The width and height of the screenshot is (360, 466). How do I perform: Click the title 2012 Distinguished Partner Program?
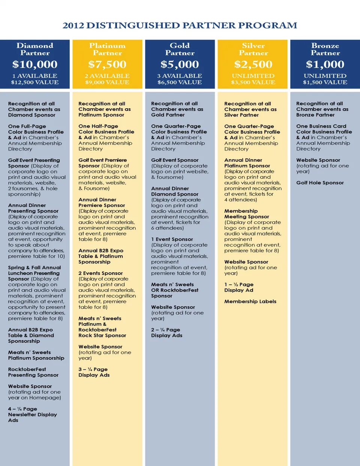(x=180, y=25)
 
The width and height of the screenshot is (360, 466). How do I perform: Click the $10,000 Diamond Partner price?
(x=35, y=64)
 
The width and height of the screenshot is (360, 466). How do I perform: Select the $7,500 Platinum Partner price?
(x=107, y=64)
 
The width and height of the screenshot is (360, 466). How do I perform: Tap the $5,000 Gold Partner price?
(x=180, y=64)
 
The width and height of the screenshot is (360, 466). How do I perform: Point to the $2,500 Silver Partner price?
(x=253, y=64)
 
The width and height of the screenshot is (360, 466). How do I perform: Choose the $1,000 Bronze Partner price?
(x=325, y=64)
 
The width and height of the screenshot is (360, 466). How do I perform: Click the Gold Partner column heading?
(x=180, y=49)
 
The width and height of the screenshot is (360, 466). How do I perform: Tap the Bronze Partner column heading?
(x=325, y=49)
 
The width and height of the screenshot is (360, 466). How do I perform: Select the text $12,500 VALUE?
(x=35, y=82)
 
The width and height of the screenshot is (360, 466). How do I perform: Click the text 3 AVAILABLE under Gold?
(x=180, y=76)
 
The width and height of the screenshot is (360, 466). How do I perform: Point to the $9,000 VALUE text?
(x=107, y=82)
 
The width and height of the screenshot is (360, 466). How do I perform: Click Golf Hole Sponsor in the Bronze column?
(x=320, y=183)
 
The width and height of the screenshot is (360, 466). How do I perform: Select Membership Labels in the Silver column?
(x=250, y=302)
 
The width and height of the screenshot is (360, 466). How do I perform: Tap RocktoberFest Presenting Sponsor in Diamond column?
(x=33, y=372)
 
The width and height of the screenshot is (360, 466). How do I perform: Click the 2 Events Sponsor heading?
(x=100, y=273)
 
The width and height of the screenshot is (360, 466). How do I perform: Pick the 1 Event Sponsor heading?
(x=172, y=239)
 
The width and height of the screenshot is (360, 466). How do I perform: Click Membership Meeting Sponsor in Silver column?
(x=246, y=214)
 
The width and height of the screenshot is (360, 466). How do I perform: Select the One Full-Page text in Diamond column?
(x=27, y=127)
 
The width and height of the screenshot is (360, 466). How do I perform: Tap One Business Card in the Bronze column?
(x=321, y=126)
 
